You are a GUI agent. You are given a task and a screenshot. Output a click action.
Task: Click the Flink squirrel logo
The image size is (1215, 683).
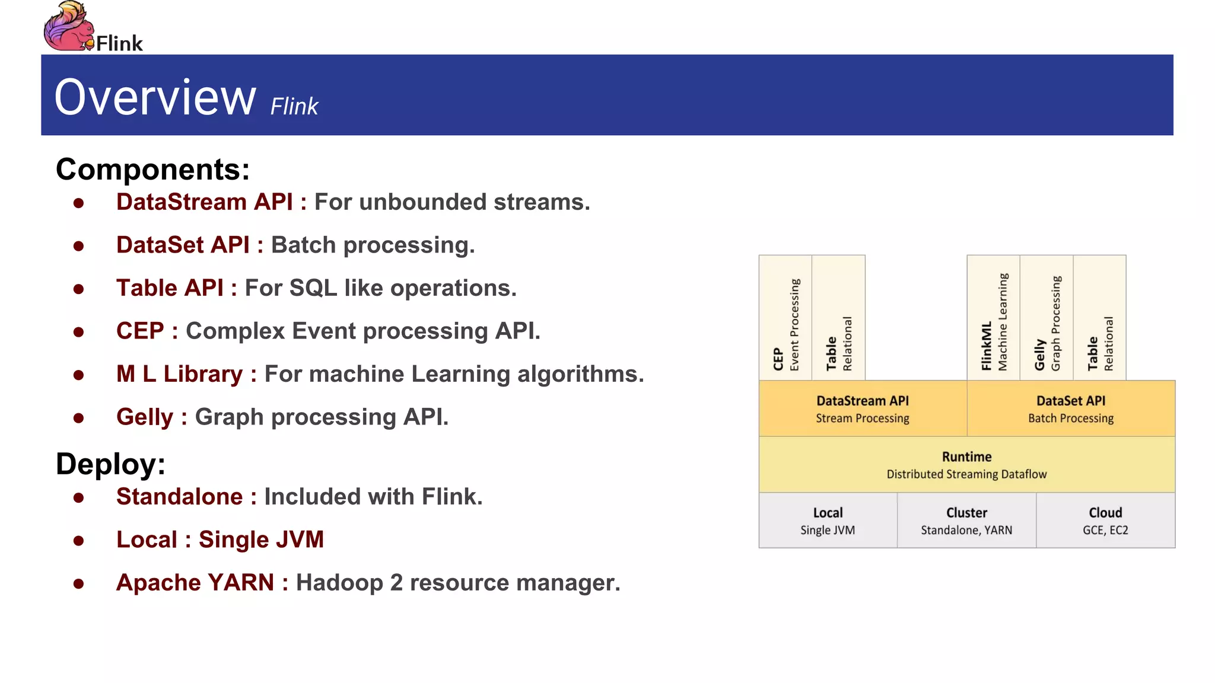point(68,27)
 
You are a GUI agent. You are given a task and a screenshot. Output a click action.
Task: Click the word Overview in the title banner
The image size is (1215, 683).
point(155,97)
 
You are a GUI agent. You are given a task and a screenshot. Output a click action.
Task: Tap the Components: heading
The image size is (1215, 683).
point(152,170)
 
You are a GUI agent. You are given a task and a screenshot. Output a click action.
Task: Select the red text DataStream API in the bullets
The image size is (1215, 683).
point(204,202)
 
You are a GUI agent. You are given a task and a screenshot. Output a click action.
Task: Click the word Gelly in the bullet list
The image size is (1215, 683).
point(144,417)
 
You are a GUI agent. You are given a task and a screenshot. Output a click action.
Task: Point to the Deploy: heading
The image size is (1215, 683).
point(110,464)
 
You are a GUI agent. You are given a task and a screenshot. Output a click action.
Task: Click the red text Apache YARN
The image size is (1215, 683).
point(195,583)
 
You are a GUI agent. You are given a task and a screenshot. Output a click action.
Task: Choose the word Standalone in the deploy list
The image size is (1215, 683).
point(179,497)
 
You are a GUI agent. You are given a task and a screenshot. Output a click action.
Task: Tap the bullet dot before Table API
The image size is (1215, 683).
point(78,289)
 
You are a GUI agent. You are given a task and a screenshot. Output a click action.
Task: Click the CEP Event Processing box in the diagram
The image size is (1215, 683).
point(785,318)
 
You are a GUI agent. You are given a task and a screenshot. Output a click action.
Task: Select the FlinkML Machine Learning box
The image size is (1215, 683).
point(993,318)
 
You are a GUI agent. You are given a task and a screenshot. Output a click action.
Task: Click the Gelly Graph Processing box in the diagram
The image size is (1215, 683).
point(1046,318)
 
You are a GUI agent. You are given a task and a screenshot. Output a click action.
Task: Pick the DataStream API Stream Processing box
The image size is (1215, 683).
point(862,409)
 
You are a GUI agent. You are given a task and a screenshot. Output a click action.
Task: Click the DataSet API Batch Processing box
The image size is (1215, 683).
point(1070,409)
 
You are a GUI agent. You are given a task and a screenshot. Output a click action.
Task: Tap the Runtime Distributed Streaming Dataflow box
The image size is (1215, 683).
point(966,465)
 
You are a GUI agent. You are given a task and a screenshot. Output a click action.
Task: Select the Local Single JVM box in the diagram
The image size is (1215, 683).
point(828,521)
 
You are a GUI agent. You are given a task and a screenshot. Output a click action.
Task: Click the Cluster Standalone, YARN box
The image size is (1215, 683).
point(966,521)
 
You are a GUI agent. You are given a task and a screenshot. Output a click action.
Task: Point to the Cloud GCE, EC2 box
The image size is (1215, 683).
point(1105,521)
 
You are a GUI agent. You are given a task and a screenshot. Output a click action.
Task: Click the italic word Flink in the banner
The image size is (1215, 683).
point(294,107)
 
